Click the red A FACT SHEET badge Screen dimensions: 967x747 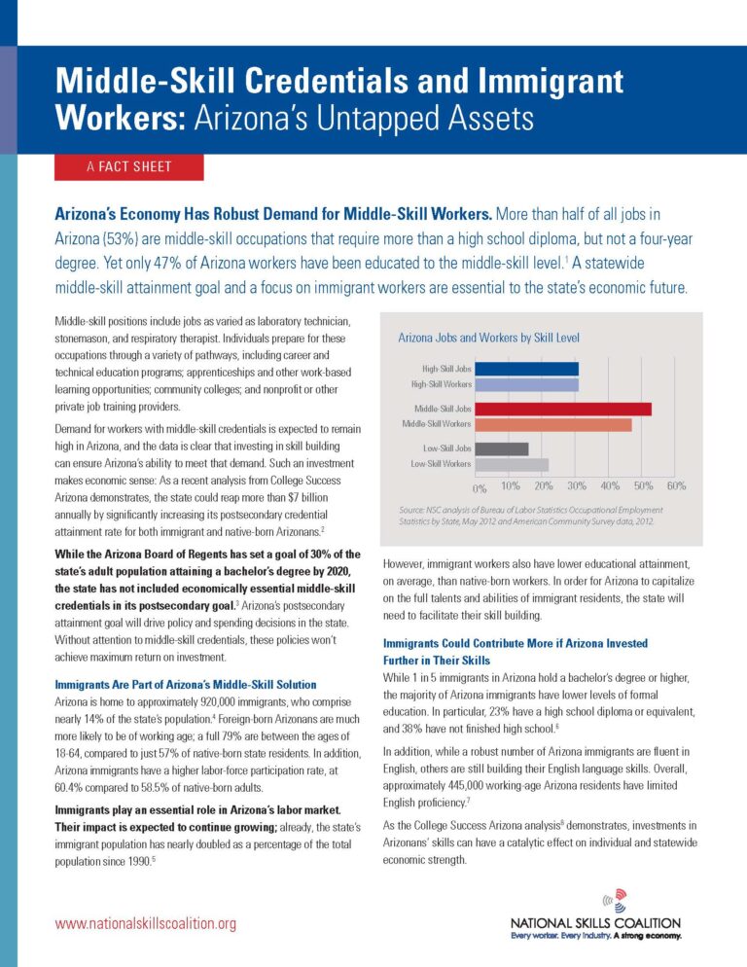coord(128,166)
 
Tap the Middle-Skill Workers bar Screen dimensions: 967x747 coord(553,424)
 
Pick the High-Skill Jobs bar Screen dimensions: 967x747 coord(527,369)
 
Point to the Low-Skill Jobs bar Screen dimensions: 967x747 coord(502,448)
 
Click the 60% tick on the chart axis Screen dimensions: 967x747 coord(676,485)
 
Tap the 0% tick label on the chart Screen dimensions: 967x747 coord(480,486)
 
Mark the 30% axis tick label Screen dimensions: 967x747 coord(577,485)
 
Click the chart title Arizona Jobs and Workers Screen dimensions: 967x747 coord(488,338)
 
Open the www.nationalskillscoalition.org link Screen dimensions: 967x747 coord(145,923)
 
